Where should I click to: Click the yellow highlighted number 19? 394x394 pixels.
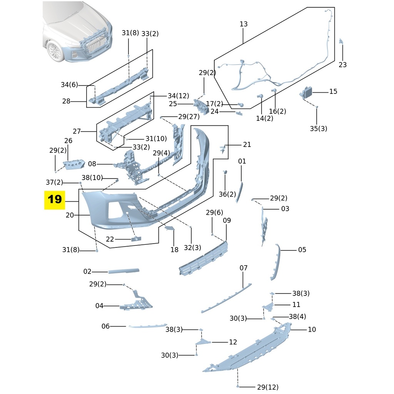[55, 200]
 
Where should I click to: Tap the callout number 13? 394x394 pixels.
[244, 24]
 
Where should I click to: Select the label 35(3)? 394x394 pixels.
[319, 129]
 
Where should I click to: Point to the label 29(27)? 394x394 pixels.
[189, 116]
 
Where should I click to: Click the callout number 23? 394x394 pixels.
[342, 65]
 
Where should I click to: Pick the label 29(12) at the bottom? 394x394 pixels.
[267, 387]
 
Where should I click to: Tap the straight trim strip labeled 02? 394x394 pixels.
[124, 271]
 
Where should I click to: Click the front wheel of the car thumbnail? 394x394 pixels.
[55, 51]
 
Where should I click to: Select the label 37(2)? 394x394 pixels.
[54, 182]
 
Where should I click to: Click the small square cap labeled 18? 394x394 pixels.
[170, 229]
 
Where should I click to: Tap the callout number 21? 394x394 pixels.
[247, 145]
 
